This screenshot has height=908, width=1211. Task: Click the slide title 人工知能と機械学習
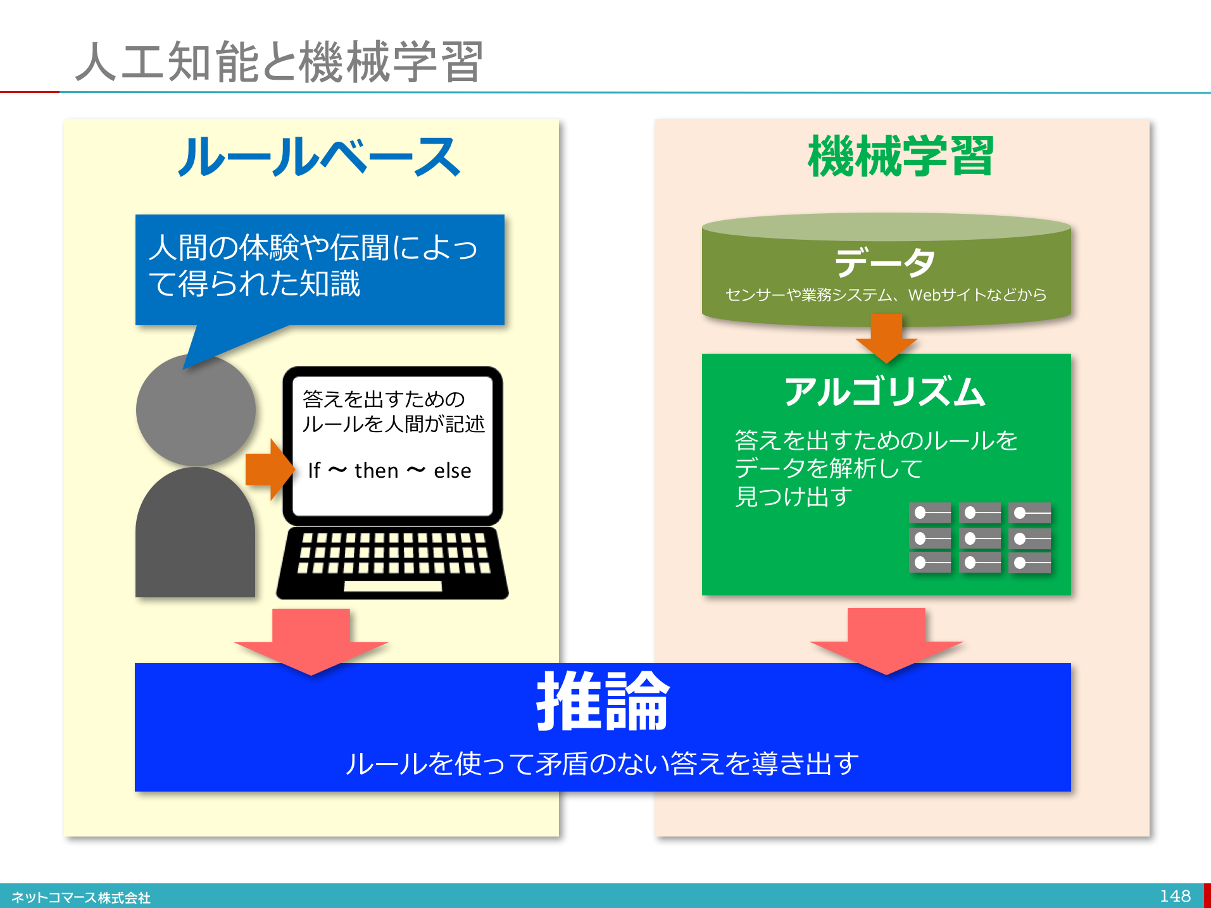click(279, 61)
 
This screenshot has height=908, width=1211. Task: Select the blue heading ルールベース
click(318, 157)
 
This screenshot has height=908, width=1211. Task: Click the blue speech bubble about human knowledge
click(319, 269)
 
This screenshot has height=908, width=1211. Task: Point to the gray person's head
click(196, 410)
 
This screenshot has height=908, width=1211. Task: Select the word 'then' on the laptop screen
click(376, 471)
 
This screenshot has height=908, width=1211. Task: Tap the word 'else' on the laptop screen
click(452, 471)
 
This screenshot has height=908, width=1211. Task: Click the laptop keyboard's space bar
click(392, 586)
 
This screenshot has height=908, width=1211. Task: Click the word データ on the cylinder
click(884, 262)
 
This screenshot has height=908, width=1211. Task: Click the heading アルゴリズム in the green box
click(884, 392)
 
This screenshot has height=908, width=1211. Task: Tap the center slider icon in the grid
click(979, 538)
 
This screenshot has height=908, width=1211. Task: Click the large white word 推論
click(603, 701)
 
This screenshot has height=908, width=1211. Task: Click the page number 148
click(1175, 896)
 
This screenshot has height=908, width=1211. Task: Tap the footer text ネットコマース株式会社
click(81, 897)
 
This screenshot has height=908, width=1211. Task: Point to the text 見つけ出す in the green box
click(793, 497)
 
